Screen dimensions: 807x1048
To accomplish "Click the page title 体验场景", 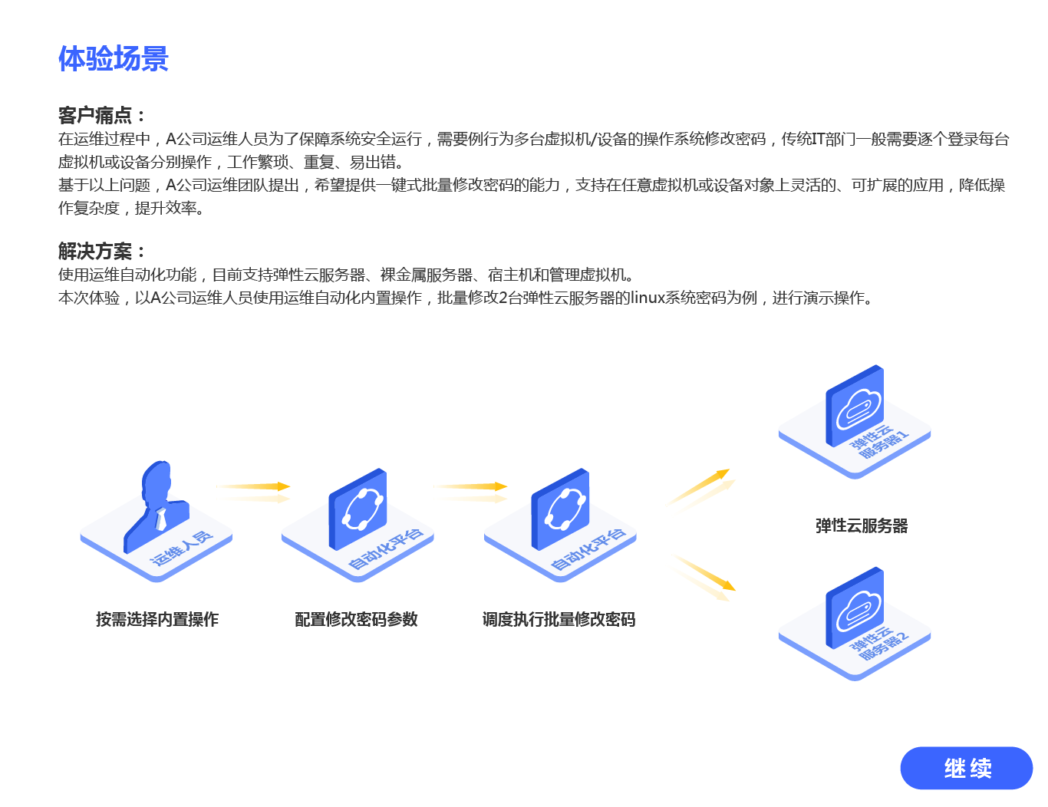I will click(x=114, y=58).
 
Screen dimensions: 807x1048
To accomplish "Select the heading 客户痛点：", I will click(x=102, y=115).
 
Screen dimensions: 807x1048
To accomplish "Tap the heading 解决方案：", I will click(x=102, y=251).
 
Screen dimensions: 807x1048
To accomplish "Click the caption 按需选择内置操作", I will click(x=157, y=619).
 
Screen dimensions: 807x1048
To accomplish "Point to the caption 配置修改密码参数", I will click(x=356, y=619).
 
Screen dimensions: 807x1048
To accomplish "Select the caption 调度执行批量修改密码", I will click(x=559, y=619).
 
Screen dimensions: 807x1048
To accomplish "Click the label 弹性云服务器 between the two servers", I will click(x=862, y=525).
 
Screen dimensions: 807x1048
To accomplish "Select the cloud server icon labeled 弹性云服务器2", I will click(x=855, y=608).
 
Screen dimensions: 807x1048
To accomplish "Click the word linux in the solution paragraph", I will click(x=647, y=298).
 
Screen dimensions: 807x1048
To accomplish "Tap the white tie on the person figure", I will click(x=161, y=519).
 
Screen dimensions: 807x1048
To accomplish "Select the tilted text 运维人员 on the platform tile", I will click(x=181, y=548).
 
